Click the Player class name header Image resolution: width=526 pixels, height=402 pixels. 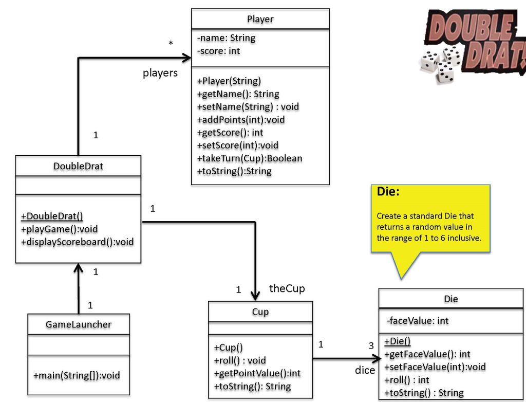[260, 19]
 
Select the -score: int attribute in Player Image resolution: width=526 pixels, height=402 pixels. [219, 51]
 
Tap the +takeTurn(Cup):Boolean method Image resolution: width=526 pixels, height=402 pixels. [250, 158]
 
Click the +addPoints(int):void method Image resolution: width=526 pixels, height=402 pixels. [241, 120]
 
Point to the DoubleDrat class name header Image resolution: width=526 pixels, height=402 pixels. [78, 166]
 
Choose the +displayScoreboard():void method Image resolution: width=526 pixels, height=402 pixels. [77, 242]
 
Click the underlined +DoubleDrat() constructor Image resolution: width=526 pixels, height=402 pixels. [52, 216]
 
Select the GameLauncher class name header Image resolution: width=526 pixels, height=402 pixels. [78, 324]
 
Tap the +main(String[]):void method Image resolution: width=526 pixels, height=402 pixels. [77, 375]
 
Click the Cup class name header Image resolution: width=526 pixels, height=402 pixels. [260, 312]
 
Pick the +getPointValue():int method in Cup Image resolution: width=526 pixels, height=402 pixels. [257, 373]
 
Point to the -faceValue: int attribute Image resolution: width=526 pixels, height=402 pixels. [418, 321]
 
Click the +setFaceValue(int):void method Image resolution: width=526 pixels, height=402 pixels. [435, 367]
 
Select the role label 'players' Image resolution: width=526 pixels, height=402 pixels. [160, 73]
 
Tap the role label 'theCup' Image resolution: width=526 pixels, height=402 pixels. [287, 288]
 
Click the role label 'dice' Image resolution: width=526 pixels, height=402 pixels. [365, 370]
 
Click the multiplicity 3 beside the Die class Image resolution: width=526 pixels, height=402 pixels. [371, 346]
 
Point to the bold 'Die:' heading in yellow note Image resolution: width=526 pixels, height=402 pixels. [388, 192]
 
